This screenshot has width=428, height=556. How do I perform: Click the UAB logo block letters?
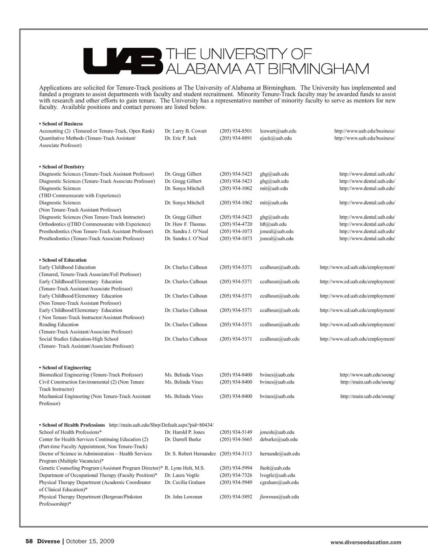click(122, 62)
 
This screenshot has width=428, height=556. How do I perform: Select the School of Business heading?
click(62, 124)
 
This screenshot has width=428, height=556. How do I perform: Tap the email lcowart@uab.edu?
click(278, 131)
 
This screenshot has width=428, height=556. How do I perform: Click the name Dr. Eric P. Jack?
click(181, 138)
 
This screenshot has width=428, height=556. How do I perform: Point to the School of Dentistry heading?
click(63, 167)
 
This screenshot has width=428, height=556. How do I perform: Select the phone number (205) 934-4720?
click(236, 224)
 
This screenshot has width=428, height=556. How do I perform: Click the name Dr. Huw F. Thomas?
click(185, 224)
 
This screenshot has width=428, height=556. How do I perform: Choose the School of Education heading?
click(64, 260)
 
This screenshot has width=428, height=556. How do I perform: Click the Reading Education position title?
click(59, 325)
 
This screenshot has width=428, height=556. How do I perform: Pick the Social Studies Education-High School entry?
click(79, 339)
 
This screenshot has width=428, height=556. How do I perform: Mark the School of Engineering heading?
click(66, 368)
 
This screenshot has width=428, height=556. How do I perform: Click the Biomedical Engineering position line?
click(91, 375)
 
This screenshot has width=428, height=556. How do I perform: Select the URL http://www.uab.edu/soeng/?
click(367, 375)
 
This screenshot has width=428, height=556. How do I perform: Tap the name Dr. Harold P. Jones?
click(185, 432)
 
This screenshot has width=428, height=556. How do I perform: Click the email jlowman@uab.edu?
click(279, 497)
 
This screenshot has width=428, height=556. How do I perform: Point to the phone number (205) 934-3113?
click(236, 454)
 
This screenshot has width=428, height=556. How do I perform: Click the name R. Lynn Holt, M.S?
click(185, 468)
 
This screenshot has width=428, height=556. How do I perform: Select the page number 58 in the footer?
click(29, 541)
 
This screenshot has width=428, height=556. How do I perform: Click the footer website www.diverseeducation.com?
click(366, 543)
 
